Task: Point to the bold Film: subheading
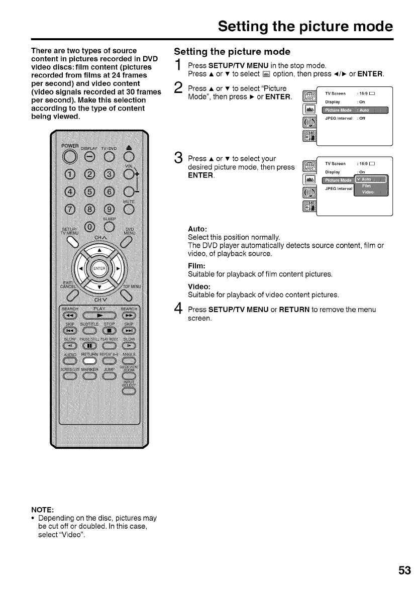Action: pyautogui.click(x=195, y=267)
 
